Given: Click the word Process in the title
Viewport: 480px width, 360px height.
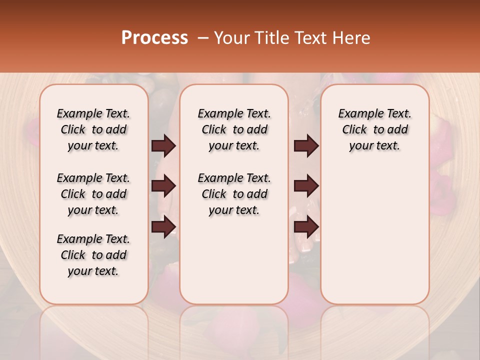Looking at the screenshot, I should tap(154, 38).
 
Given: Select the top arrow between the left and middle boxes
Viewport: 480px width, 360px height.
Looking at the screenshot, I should tap(163, 146).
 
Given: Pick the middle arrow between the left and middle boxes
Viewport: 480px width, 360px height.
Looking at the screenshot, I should tap(163, 186).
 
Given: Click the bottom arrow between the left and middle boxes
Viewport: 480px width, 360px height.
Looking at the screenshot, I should tap(163, 226).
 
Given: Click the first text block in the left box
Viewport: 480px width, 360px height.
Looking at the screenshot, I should tap(93, 129).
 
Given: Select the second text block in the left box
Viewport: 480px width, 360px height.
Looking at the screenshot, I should tap(93, 194).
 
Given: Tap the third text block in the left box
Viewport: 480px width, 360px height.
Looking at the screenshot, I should tap(93, 255).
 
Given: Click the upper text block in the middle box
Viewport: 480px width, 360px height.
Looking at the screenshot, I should tap(234, 129).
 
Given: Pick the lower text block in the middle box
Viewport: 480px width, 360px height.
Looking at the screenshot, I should tap(234, 194).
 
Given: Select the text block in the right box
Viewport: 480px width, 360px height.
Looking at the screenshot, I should tap(375, 129).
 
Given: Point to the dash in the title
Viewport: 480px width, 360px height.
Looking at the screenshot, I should tap(203, 38).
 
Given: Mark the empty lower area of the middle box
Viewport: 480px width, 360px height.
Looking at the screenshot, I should tap(234, 260).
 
